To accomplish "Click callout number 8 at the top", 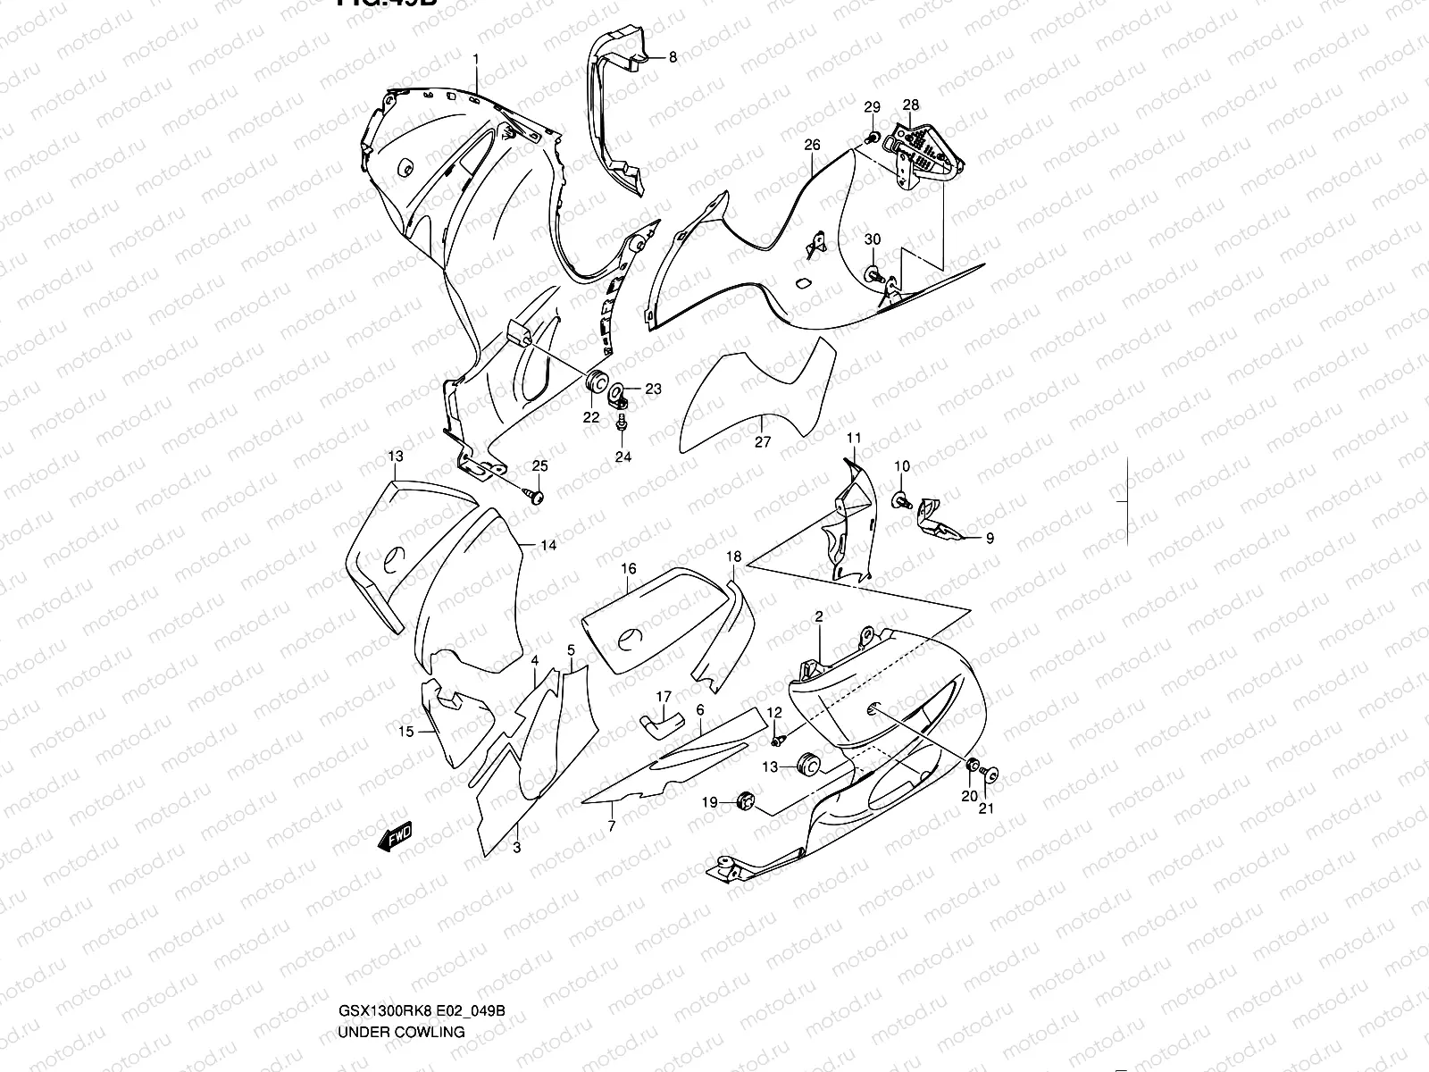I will [673, 57].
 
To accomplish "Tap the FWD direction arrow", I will [394, 836].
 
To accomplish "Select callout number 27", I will [762, 441].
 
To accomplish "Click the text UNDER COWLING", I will [401, 957].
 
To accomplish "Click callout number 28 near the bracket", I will [910, 105].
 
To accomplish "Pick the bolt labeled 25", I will [536, 494].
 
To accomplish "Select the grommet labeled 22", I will [592, 381].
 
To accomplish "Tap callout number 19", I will [709, 803].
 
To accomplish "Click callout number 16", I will [629, 569].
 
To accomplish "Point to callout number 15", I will [406, 733].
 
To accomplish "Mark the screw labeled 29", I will [871, 136].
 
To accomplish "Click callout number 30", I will [873, 239].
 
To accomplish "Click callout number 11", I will [854, 438].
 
